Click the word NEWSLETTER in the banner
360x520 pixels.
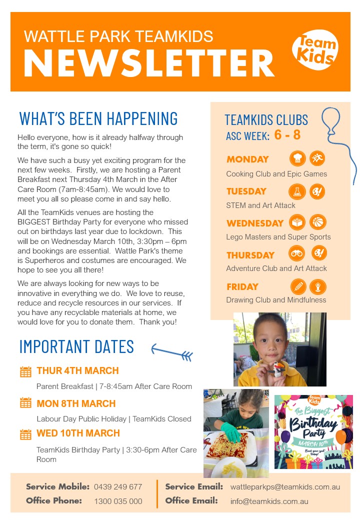pos(148,64)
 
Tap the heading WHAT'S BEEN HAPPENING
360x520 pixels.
pos(98,118)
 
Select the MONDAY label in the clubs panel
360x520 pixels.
pos(247,159)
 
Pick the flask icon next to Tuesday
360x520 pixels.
pos(297,191)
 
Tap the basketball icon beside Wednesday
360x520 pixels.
pos(317,222)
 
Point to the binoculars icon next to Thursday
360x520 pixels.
pos(297,253)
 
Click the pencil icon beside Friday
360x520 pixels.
pos(298,286)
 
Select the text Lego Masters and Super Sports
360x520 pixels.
pos(278,237)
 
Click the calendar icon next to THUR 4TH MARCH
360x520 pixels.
pos(25,371)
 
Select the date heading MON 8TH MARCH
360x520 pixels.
pos(76,403)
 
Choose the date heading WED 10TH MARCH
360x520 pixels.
pos(78,433)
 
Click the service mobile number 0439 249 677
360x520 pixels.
pos(118,486)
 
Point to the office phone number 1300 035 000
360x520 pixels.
pos(118,501)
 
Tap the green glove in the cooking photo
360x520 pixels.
pos(230,431)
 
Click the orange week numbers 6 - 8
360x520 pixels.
pos(287,135)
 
